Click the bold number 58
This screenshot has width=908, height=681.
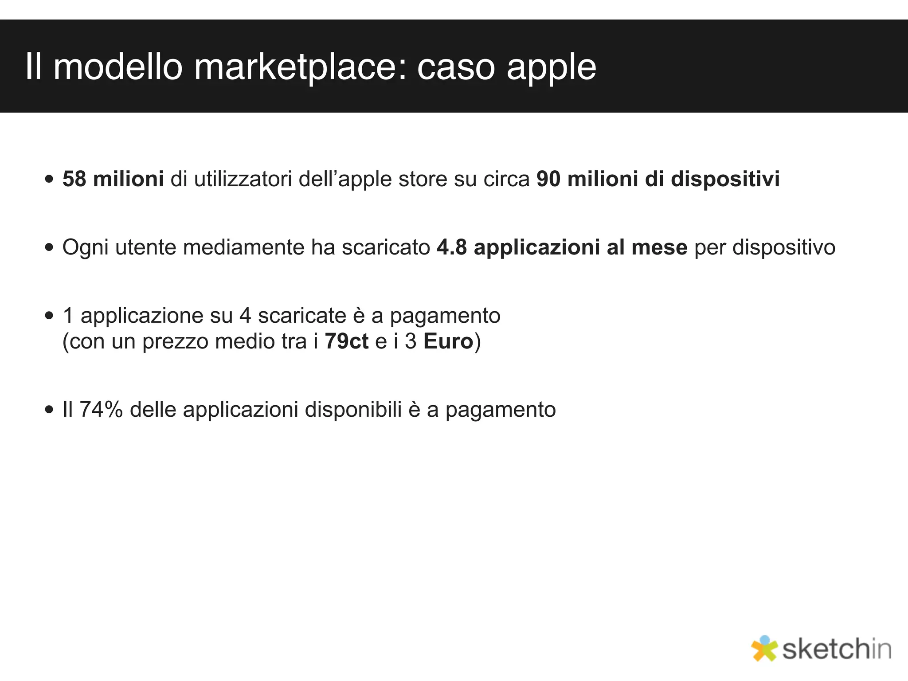pyautogui.click(x=74, y=179)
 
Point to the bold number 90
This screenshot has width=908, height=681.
pyautogui.click(x=548, y=179)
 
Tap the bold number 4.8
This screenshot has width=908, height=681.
pyautogui.click(x=452, y=247)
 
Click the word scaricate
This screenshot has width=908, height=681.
pyautogui.click(x=302, y=316)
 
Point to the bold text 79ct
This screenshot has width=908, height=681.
pyautogui.click(x=346, y=341)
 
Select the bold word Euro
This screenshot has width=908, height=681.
pyautogui.click(x=448, y=341)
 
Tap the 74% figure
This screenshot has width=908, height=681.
pyautogui.click(x=101, y=409)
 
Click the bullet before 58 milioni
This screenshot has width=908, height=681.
pyautogui.click(x=49, y=180)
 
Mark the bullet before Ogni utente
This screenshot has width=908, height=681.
pyautogui.click(x=49, y=248)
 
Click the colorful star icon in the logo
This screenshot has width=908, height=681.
pyautogui.click(x=764, y=649)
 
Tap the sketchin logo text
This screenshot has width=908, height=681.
pyautogui.click(x=837, y=650)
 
